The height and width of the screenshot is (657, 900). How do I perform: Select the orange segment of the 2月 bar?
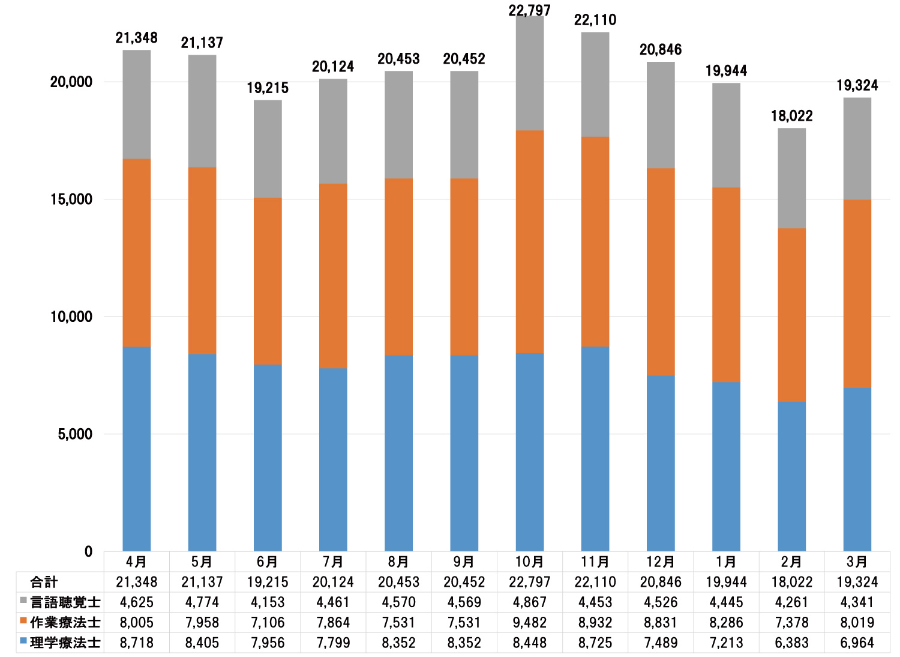coord(791,315)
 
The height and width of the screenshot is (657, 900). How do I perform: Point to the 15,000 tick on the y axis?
coord(71,199)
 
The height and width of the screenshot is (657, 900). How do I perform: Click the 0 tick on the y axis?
coord(88,551)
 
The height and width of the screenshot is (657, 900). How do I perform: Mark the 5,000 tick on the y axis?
coord(75,434)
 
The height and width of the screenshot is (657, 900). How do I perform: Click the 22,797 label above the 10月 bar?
coord(530,10)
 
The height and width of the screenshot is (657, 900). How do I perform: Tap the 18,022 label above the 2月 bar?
coord(791,116)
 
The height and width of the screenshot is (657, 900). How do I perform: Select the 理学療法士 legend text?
coord(65,643)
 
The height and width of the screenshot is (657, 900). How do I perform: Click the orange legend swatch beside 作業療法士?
coord(23,621)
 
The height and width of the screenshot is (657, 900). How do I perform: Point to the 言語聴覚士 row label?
coord(65,602)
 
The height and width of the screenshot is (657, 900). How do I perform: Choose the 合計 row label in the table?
coord(44,582)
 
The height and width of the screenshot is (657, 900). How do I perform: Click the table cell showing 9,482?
coord(530,623)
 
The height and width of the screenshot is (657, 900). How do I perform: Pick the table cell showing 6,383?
coord(791,643)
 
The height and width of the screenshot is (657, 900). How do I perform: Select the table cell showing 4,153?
coord(268,602)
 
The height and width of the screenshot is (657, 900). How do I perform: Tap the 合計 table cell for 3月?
coord(857,582)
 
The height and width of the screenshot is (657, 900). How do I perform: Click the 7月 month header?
coord(333,562)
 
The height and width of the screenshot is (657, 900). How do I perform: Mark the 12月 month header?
coord(661,562)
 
